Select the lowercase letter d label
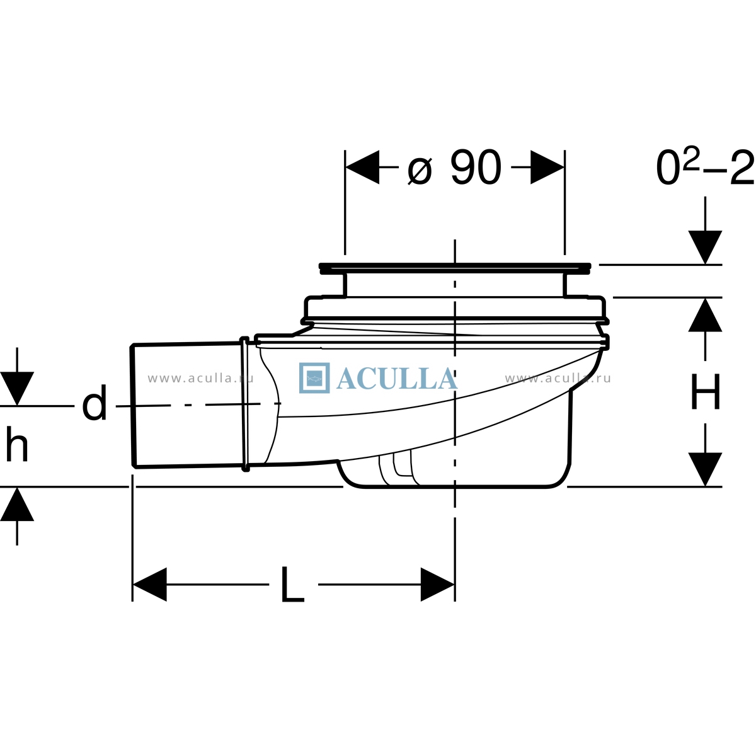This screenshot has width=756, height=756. coord(94,403)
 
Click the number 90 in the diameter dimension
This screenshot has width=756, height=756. coord(476,167)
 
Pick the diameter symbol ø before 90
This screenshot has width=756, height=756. coord(420,171)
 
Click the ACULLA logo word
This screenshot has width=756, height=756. coord(397,379)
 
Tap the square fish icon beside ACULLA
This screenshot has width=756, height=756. coord(314,378)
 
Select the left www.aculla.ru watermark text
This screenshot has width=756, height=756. coord(201,378)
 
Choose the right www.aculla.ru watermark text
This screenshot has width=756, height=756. coord(558,378)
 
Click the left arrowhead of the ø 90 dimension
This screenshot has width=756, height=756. coord(362,167)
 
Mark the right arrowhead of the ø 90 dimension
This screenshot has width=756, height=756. coord(547,167)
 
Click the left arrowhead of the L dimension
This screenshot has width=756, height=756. coord(150,584)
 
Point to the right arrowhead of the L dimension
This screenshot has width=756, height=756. coord(437,584)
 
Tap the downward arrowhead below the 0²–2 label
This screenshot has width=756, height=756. coord(705,247)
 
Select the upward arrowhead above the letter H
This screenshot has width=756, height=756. coord(705,314)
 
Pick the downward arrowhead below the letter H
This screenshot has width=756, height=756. coord(705,469)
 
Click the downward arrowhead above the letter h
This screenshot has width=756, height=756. coord(17,389)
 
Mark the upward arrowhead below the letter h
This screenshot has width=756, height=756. coord(17,504)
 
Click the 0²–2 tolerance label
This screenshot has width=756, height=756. coord(705,168)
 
